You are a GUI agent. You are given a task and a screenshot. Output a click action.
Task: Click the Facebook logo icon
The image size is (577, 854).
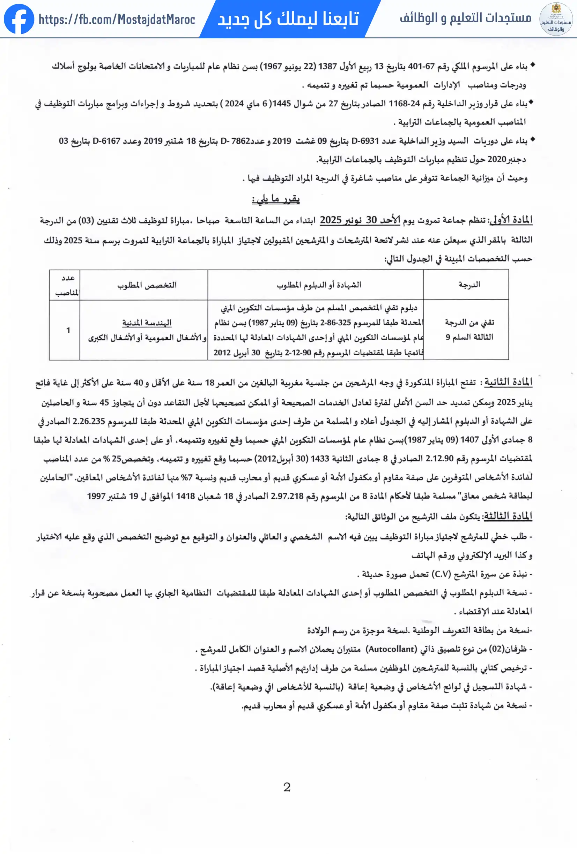point(19,19)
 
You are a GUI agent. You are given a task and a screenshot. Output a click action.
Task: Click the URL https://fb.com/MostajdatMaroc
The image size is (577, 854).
point(117,20)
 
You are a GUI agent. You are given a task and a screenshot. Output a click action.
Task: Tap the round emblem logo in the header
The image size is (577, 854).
point(556,19)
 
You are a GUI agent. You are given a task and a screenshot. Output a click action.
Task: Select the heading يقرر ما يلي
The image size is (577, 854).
point(275,199)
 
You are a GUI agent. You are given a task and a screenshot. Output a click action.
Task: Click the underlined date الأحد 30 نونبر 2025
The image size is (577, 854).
point(360,220)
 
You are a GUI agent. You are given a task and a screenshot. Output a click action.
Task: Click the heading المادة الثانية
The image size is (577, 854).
point(508,382)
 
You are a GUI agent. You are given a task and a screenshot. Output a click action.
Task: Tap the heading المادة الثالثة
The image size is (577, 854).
point(508,516)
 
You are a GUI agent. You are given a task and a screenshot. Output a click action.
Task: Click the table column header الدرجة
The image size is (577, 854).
point(469,285)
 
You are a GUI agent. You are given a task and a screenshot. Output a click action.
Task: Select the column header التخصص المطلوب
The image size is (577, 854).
point(147,285)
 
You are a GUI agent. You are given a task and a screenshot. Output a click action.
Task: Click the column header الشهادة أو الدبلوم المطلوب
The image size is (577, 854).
point(318,285)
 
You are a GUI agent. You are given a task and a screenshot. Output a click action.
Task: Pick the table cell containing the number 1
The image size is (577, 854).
point(68,330)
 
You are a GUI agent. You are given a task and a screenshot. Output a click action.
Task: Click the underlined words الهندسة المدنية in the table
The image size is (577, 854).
point(147,323)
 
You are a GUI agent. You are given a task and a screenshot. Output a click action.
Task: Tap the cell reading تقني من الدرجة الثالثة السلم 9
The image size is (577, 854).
point(469,330)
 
